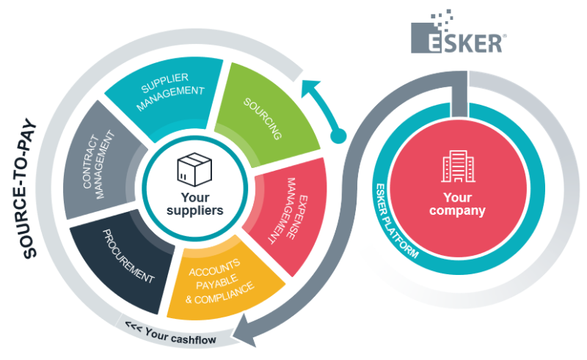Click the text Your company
pos(464,205)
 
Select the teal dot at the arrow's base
pos(338,136)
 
